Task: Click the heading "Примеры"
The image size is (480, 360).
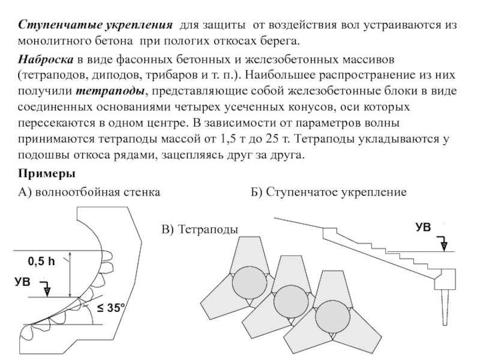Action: click(x=46, y=174)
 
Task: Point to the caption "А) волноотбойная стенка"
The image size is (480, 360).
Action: click(x=89, y=193)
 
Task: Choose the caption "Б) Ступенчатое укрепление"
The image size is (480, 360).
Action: click(x=328, y=193)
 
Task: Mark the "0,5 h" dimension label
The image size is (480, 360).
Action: click(x=41, y=262)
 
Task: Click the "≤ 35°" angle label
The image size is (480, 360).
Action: click(x=111, y=310)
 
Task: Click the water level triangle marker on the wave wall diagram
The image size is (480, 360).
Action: click(x=47, y=290)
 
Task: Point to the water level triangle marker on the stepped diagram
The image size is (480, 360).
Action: click(x=443, y=245)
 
